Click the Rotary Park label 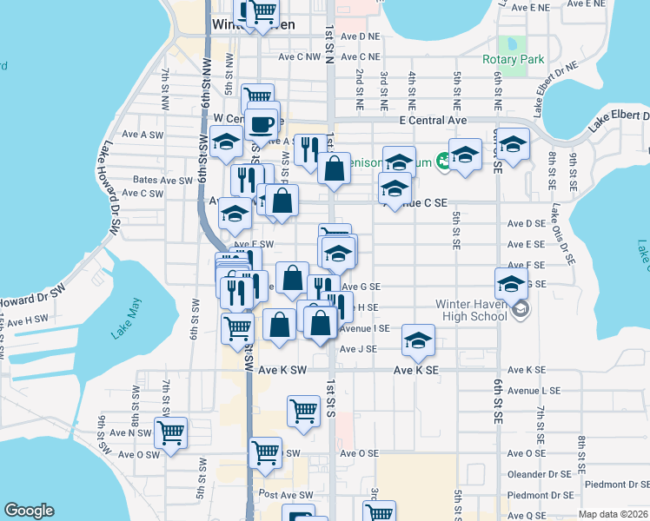(x=514, y=60)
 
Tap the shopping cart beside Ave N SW (x=171, y=431)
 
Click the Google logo (x=30, y=511)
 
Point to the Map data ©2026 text (x=612, y=514)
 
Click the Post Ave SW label (x=286, y=495)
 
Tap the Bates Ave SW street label (x=162, y=181)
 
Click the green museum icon (x=444, y=160)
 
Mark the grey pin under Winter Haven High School (x=520, y=310)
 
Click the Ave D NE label (x=360, y=36)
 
